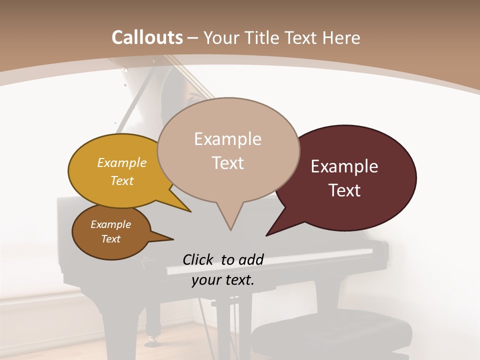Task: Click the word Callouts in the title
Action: [x=147, y=37]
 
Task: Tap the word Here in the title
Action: [x=342, y=37]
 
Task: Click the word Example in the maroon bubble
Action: [x=344, y=166]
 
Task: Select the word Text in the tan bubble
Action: [x=228, y=163]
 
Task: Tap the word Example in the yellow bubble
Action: [x=122, y=162]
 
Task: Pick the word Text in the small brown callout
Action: [x=111, y=239]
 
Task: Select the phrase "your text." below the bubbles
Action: [x=222, y=280]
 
